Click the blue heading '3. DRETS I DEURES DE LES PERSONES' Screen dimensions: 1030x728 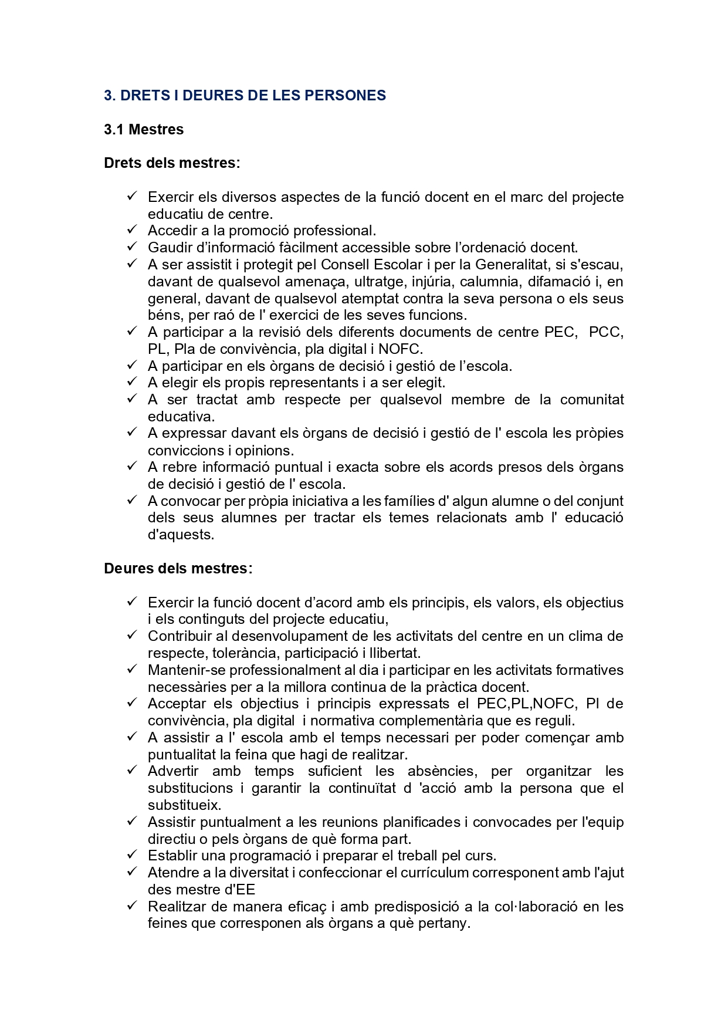[245, 96]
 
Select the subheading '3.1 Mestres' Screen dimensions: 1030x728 [144, 130]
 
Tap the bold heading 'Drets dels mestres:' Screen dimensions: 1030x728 [172, 163]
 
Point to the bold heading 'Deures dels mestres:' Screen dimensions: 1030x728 [178, 569]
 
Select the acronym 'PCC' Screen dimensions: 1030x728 [606, 332]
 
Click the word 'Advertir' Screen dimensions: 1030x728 [173, 771]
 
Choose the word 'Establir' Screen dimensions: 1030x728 [171, 856]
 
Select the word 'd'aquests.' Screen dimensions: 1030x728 [181, 535]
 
